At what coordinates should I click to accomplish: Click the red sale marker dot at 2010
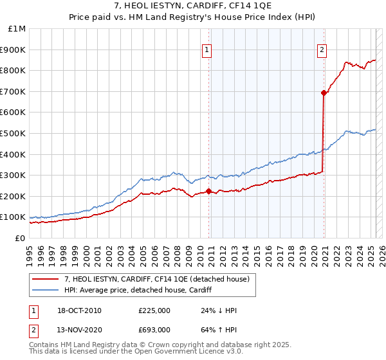[209, 191]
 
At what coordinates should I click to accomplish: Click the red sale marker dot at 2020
[324, 93]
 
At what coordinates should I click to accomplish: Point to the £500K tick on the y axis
[14, 133]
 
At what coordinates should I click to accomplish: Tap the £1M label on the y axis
[17, 28]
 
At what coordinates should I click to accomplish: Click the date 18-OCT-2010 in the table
[78, 311]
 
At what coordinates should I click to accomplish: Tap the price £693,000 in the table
[154, 330]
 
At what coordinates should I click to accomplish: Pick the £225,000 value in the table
[154, 311]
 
